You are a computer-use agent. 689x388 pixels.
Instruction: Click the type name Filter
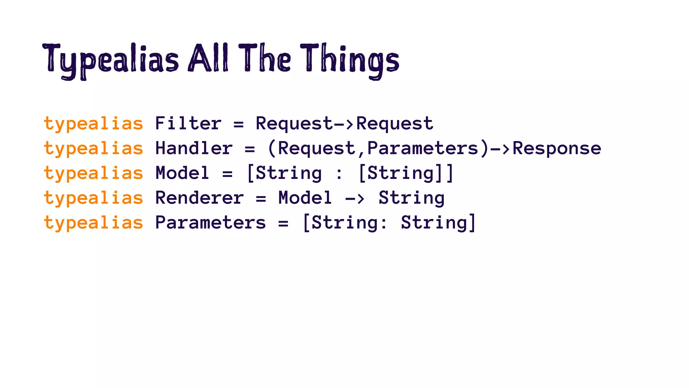click(x=188, y=123)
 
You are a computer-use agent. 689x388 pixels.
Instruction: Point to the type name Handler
click(x=194, y=148)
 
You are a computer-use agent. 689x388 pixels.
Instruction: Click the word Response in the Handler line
click(x=557, y=148)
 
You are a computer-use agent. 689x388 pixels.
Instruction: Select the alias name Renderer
click(x=200, y=198)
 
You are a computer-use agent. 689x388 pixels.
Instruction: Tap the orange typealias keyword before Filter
click(x=94, y=124)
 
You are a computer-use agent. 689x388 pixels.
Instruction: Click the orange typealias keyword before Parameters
click(x=94, y=223)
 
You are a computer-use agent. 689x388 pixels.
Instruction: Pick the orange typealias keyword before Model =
click(x=94, y=173)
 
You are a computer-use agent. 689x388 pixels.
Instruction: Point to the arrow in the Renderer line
click(x=355, y=198)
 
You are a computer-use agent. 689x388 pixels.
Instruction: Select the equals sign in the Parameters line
click(x=283, y=223)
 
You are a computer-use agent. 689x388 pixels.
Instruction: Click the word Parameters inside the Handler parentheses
click(x=423, y=148)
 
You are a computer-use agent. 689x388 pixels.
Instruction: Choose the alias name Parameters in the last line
click(x=211, y=223)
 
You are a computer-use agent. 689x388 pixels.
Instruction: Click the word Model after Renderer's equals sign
click(x=305, y=198)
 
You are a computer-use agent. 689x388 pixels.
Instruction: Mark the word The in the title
click(x=265, y=59)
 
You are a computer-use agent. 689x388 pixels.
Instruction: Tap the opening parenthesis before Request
click(x=272, y=149)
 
